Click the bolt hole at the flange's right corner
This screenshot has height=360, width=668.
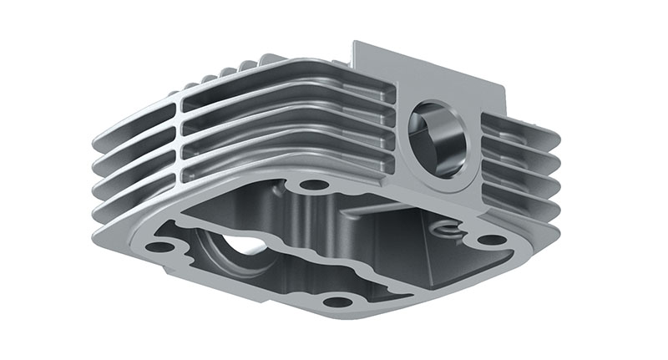click(493, 240)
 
